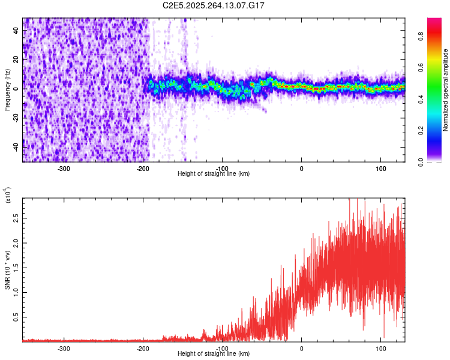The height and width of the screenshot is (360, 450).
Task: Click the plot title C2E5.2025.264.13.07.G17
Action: pyautogui.click(x=214, y=5)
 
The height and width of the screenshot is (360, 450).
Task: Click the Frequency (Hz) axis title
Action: pyautogui.click(x=7, y=89)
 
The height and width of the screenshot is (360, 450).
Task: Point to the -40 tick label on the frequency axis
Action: pyautogui.click(x=15, y=146)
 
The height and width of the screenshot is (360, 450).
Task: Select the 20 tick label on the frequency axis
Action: pyautogui.click(x=16, y=59)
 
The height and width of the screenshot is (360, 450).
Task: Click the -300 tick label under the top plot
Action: pyautogui.click(x=64, y=168)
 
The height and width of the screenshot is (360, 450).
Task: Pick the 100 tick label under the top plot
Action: pyautogui.click(x=380, y=168)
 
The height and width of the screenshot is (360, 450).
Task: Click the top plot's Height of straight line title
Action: pyautogui.click(x=214, y=174)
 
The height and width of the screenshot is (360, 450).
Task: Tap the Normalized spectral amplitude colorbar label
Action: pyautogui.click(x=446, y=90)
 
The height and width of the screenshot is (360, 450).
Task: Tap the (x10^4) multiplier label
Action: pyautogui.click(x=8, y=196)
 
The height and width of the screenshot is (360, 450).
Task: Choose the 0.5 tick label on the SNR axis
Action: pyautogui.click(x=15, y=317)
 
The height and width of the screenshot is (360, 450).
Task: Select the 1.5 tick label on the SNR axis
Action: pyautogui.click(x=15, y=267)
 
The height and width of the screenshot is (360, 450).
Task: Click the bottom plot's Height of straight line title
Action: pyautogui.click(x=214, y=354)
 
